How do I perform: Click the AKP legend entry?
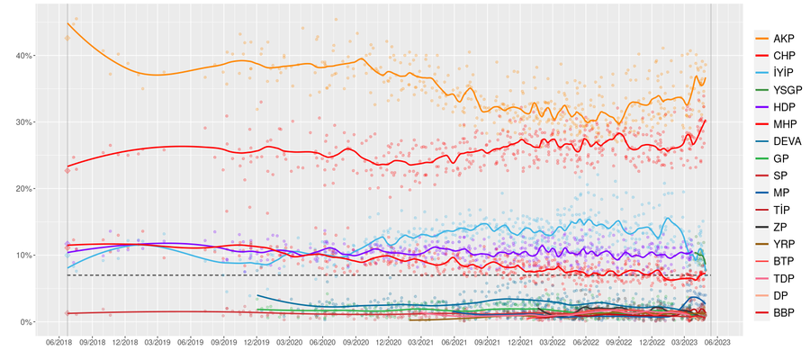pos(784,39)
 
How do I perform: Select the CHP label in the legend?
pos(784,56)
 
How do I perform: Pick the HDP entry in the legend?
pos(784,107)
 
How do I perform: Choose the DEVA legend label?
pos(787,141)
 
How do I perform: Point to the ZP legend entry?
pos(780,227)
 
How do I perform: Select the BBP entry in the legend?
pos(784,311)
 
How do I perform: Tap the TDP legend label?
pos(784,277)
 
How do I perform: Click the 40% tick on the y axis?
pos(24,56)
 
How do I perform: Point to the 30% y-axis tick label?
pos(24,122)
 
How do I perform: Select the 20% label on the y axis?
pos(24,189)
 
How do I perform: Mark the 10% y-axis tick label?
pos(24,256)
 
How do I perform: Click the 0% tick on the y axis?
pos(27,322)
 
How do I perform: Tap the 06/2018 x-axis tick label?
pos(58,342)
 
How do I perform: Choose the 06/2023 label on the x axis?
pos(716,342)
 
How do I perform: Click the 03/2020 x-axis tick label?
pos(289,342)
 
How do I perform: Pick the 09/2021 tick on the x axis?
pos(487,342)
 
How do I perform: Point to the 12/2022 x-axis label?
pos(652,342)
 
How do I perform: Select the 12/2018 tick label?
pos(124,342)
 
